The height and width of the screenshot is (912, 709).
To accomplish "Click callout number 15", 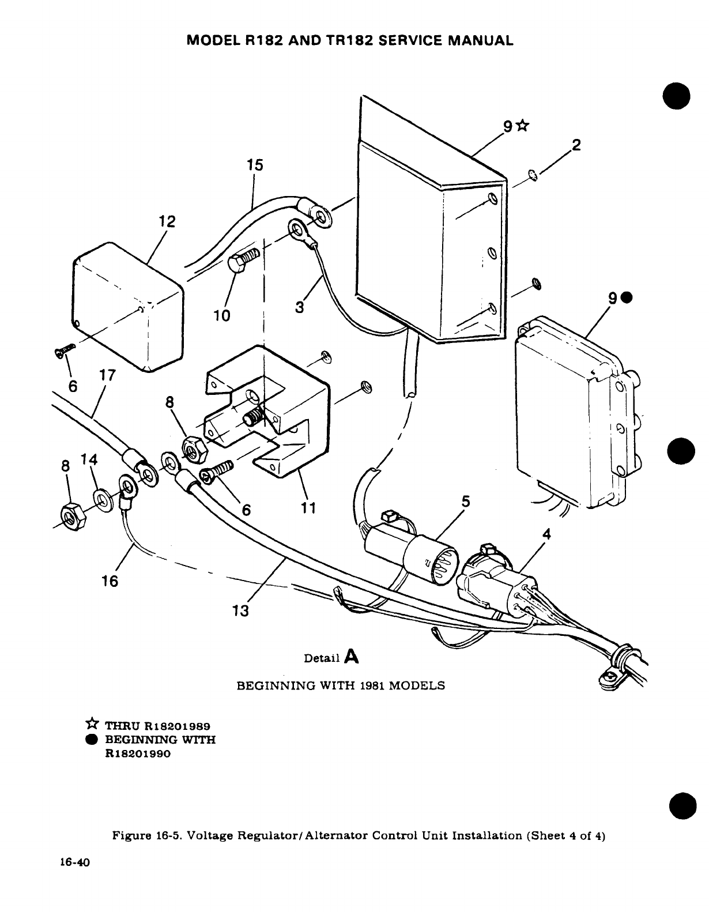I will click(254, 165).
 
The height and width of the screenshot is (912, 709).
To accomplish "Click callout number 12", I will click(167, 222).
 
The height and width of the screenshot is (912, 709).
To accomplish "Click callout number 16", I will click(110, 581).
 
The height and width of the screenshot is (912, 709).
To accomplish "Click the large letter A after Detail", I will click(351, 656).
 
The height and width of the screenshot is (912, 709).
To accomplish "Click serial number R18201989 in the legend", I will click(176, 725).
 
